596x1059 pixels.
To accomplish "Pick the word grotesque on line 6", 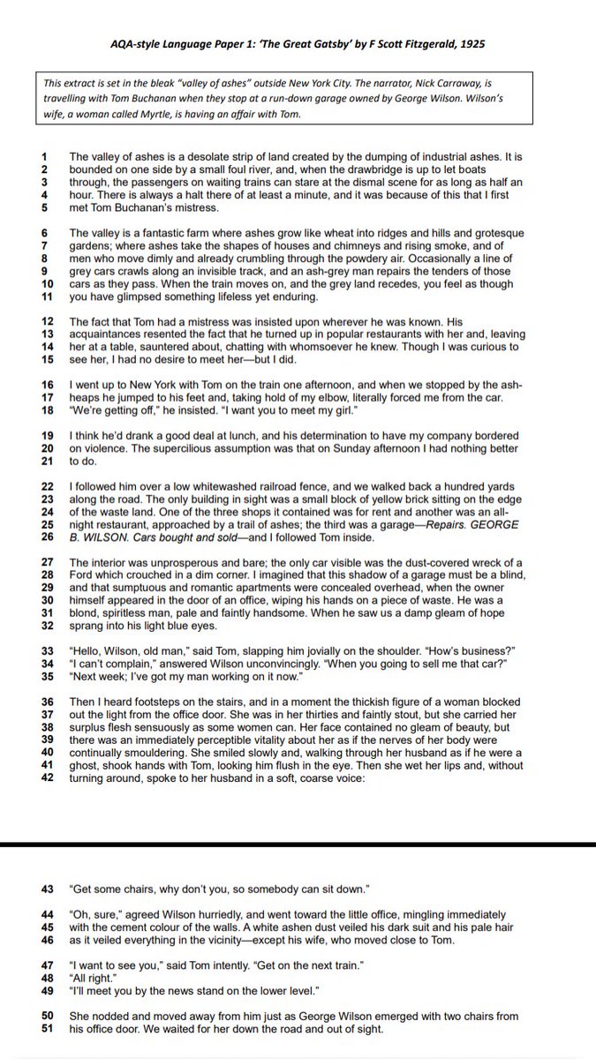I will (494, 234).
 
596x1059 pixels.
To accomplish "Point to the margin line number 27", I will (48, 563).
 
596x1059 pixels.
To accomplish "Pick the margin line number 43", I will (48, 887).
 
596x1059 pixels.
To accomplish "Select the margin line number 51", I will (48, 1029).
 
